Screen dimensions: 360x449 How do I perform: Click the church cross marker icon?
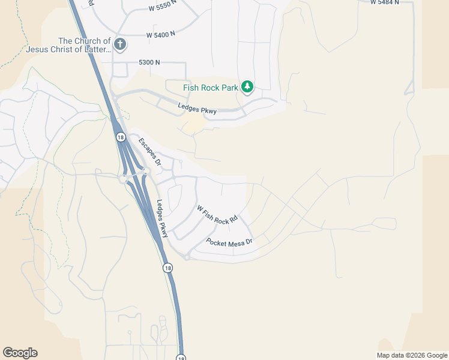[x=120, y=44]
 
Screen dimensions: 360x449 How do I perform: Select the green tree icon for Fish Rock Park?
[x=247, y=88]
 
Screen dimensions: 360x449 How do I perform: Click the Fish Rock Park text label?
[x=211, y=88]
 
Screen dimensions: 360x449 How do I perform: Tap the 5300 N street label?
[x=149, y=62]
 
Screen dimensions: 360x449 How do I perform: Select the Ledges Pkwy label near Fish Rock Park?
[x=197, y=108]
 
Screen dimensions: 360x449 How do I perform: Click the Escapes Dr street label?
[x=150, y=152]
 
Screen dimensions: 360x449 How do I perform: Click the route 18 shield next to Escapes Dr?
[x=120, y=137]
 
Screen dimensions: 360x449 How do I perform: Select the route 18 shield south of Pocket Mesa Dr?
[x=167, y=268]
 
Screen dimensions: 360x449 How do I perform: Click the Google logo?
[x=20, y=353]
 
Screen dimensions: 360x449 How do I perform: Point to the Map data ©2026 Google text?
[x=411, y=355]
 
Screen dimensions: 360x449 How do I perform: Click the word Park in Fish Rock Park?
[x=229, y=88]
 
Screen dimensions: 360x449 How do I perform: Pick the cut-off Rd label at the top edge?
[x=91, y=3]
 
